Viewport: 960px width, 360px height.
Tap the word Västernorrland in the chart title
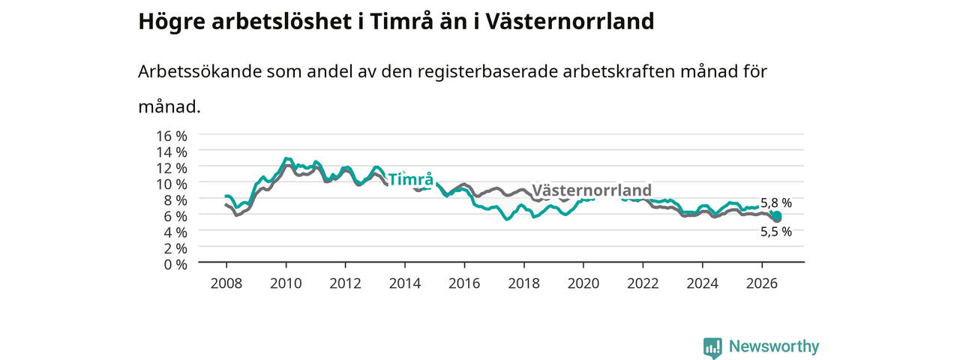570,22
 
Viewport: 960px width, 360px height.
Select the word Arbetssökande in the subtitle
199,71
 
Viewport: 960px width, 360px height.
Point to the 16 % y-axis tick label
172,136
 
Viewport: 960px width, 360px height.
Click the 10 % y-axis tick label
172,184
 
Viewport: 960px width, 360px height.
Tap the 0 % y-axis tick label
175,264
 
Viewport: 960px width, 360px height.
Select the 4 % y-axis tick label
175,232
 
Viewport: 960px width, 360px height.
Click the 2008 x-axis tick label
226,283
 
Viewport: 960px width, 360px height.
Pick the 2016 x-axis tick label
464,283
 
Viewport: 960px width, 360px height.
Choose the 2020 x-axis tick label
583,283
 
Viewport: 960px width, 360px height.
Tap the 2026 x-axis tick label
762,283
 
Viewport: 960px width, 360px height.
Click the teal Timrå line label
410,179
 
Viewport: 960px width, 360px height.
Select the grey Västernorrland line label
592,190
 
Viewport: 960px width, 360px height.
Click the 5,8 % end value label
776,202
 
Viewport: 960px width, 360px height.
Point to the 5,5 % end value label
776,232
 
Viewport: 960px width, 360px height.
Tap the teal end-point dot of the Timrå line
776,215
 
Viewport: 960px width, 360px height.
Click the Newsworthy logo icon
712,347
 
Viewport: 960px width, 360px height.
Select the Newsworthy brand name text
774,346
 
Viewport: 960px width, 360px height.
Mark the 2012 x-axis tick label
346,283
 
